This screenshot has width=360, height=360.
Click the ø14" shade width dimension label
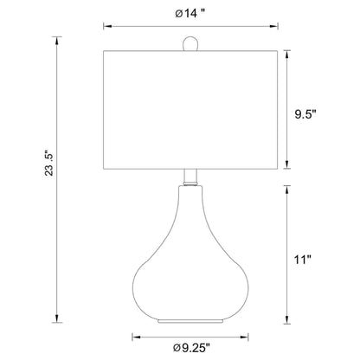pos(190,14)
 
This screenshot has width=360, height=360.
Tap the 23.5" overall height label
pos(49,164)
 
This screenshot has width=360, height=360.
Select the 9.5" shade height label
pos(305,114)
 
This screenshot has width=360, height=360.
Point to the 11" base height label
pos(303,260)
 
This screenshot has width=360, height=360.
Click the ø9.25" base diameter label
pos(191,348)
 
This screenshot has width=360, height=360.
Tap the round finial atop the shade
pos(190,43)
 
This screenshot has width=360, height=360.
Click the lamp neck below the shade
pos(190,177)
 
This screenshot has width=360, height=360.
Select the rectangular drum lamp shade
pos(190,110)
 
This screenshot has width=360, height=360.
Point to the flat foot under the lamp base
pos(190,321)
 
